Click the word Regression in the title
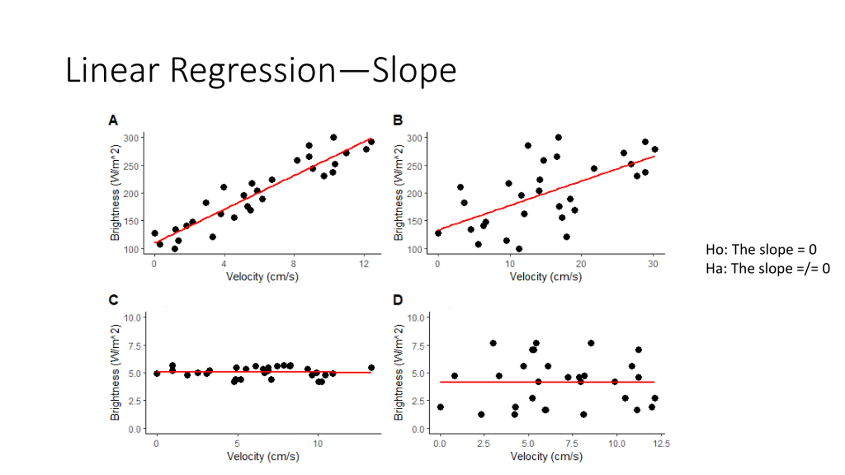click(253, 70)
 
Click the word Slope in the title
click(414, 70)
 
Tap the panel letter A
click(113, 120)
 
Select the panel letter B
click(398, 120)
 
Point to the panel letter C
click(113, 300)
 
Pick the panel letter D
click(398, 300)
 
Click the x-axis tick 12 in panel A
click(364, 264)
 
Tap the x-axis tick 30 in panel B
click(653, 264)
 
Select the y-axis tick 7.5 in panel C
click(132, 346)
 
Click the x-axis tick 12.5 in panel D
click(661, 444)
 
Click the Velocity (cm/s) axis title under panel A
click(262, 276)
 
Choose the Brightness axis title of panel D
click(399, 373)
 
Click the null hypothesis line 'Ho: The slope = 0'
click(761, 250)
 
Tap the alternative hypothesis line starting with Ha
click(767, 269)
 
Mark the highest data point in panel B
click(558, 137)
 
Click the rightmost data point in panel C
click(371, 368)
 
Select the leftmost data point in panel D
click(440, 407)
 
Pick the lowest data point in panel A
click(175, 249)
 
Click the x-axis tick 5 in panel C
click(237, 444)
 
